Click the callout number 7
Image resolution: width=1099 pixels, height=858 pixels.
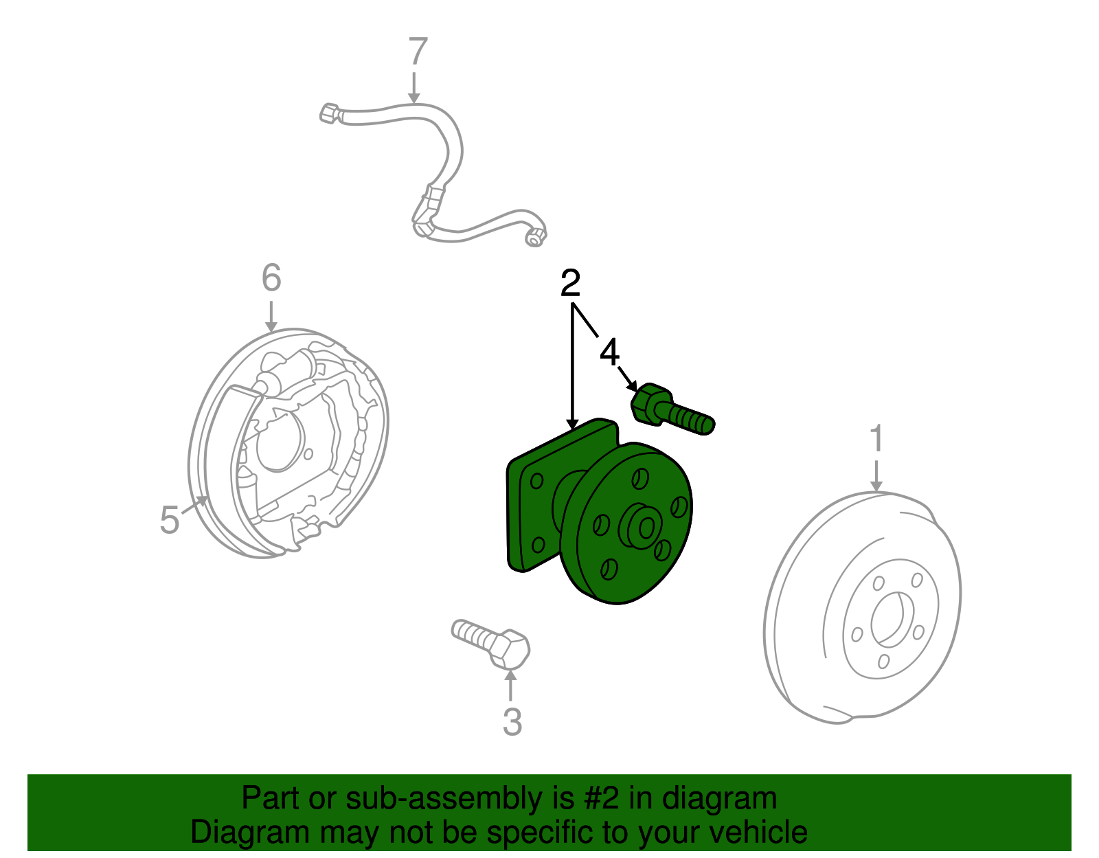(x=418, y=51)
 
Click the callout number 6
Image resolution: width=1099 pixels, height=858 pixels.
(x=271, y=278)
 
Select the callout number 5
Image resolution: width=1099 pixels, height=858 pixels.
(x=170, y=520)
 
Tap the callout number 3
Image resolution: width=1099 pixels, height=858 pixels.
(x=512, y=723)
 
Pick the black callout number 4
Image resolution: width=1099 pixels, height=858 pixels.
(x=609, y=352)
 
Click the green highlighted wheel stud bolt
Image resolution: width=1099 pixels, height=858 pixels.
(x=672, y=410)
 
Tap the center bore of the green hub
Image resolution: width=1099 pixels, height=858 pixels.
(x=646, y=529)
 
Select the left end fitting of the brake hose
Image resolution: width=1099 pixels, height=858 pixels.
(x=330, y=113)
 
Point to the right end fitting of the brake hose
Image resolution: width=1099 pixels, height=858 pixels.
(x=535, y=236)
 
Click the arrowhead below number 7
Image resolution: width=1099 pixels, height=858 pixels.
(x=413, y=98)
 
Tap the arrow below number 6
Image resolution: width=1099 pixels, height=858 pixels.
(x=271, y=317)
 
